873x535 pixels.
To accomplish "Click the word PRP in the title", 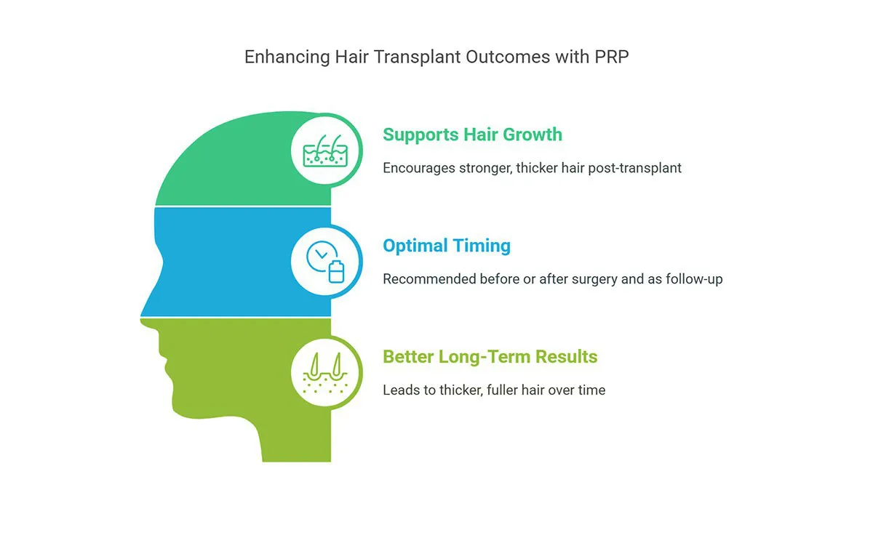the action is (611, 57).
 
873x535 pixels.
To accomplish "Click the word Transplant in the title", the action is (418, 57).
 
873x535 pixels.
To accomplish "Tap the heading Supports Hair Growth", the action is (472, 134).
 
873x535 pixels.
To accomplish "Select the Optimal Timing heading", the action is (447, 246).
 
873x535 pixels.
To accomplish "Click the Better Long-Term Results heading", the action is (490, 357).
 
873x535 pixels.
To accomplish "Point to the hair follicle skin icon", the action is (325, 150).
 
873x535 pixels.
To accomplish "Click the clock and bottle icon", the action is (325, 261).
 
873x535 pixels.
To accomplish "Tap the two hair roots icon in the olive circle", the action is (325, 373).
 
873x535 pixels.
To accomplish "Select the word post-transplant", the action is (634, 168).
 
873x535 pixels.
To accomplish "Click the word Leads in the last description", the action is (402, 390).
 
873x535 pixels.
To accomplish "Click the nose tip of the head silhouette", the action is (142, 318).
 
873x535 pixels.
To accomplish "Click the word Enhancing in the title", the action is (287, 57).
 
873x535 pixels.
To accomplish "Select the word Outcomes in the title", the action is (509, 57).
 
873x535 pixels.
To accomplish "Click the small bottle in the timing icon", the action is (336, 271).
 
